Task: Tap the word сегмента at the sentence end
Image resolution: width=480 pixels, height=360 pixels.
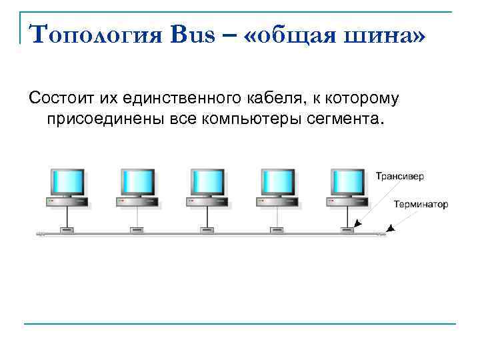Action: pyautogui.click(x=349, y=121)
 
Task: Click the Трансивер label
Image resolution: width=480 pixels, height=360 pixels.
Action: pyautogui.click(x=399, y=177)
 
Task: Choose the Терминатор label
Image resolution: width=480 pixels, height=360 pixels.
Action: pyautogui.click(x=421, y=205)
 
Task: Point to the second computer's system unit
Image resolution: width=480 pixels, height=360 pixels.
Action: pyautogui.click(x=137, y=201)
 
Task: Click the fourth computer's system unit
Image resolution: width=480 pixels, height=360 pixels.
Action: pyautogui.click(x=277, y=201)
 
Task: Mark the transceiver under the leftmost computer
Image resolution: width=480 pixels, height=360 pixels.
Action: pyautogui.click(x=67, y=230)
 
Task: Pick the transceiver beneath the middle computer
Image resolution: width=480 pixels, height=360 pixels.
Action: pyautogui.click(x=207, y=230)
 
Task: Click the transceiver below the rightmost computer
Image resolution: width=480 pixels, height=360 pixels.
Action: pyautogui.click(x=347, y=230)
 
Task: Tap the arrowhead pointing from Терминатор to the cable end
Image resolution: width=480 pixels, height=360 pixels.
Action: pyautogui.click(x=391, y=229)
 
